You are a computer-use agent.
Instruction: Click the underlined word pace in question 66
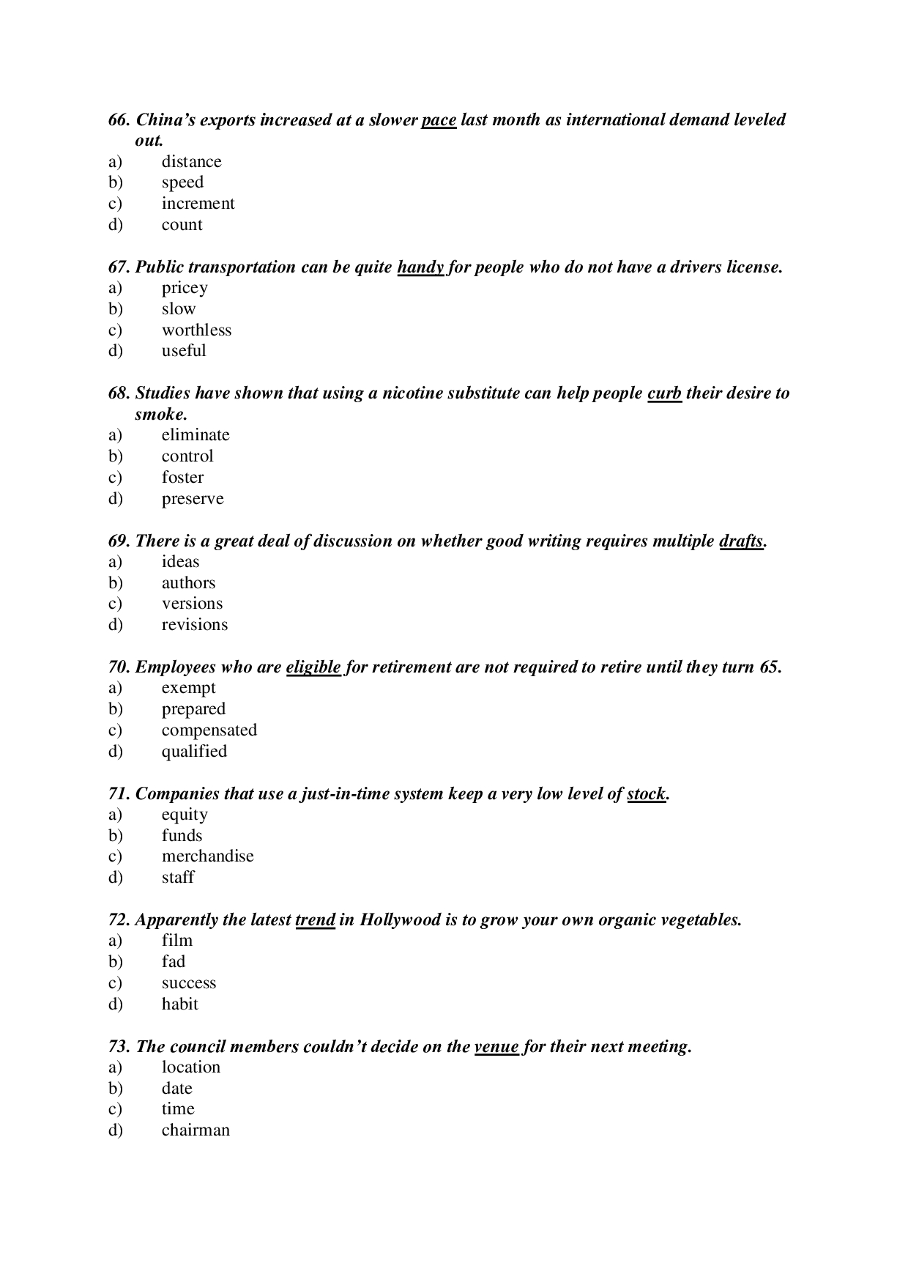pyautogui.click(x=439, y=120)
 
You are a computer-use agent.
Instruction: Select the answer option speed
pyautogui.click(x=182, y=182)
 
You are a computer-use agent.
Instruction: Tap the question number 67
pyautogui.click(x=119, y=267)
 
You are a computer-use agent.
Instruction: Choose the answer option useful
pyautogui.click(x=184, y=351)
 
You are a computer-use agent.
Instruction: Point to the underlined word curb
pyautogui.click(x=664, y=393)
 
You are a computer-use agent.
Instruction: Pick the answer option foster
pyautogui.click(x=182, y=478)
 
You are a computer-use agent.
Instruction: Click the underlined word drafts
pyautogui.click(x=741, y=541)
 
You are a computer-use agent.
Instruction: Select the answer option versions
pyautogui.click(x=192, y=604)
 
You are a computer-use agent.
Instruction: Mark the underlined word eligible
pyautogui.click(x=313, y=667)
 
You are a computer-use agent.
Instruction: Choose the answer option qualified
pyautogui.click(x=194, y=752)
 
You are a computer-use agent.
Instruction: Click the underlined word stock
pyautogui.click(x=646, y=794)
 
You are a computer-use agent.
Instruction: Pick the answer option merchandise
pyautogui.click(x=207, y=856)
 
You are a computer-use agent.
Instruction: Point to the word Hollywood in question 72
pyautogui.click(x=400, y=920)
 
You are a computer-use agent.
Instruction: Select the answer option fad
pyautogui.click(x=174, y=962)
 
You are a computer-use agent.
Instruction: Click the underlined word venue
pyautogui.click(x=496, y=1047)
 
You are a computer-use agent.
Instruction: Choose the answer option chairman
pyautogui.click(x=196, y=1130)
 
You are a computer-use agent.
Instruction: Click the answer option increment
pyautogui.click(x=198, y=204)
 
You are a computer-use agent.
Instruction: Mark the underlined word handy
pyautogui.click(x=420, y=267)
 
